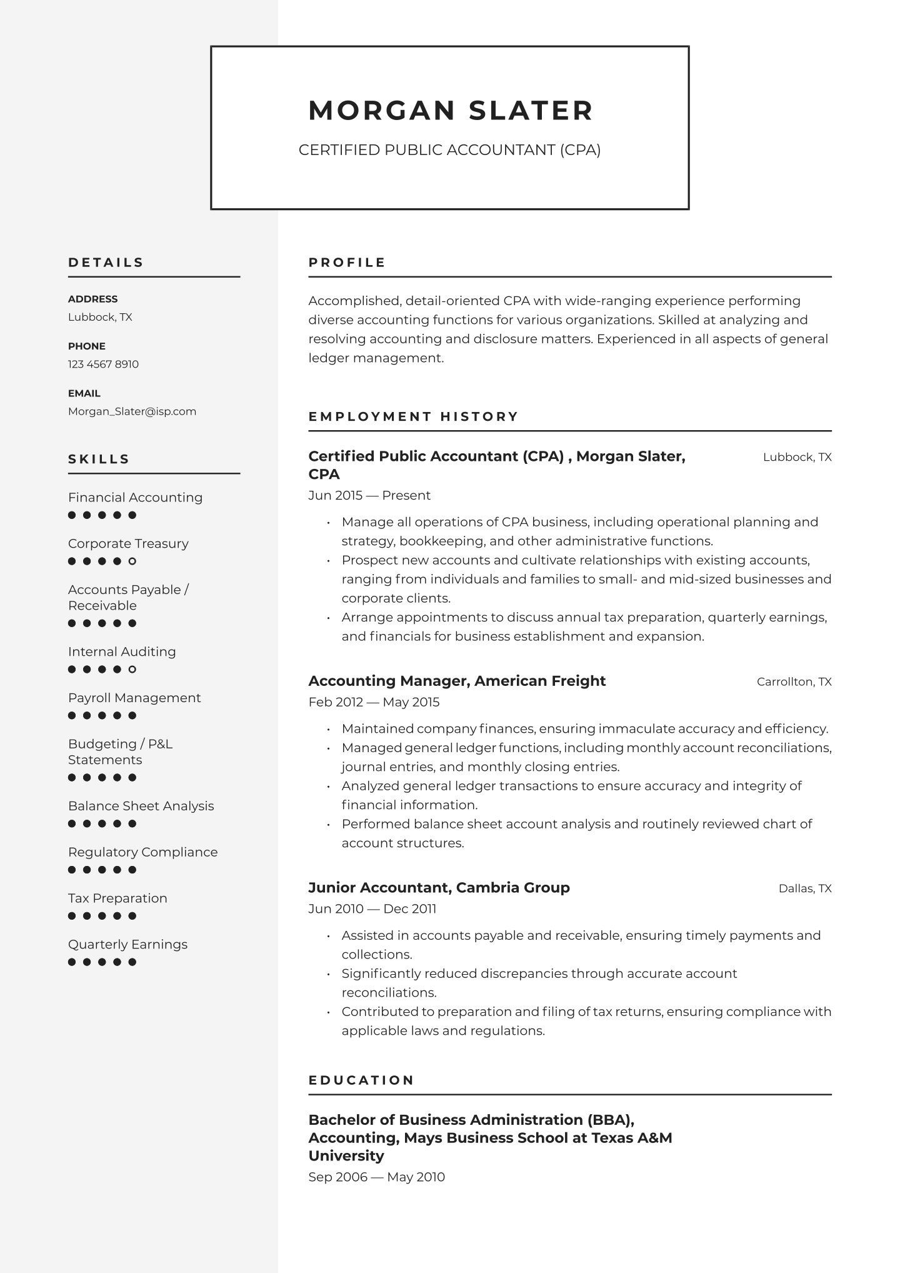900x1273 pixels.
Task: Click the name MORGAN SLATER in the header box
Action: click(x=450, y=111)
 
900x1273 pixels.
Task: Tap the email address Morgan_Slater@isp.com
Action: click(x=132, y=411)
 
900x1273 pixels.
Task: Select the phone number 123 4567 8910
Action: click(x=103, y=364)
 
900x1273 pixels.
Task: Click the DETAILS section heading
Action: click(x=106, y=263)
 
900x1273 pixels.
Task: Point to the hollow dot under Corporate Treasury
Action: click(x=132, y=561)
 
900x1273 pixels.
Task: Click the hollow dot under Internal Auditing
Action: click(x=132, y=670)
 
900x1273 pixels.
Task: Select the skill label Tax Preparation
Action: click(x=117, y=898)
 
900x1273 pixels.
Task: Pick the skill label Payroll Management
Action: click(x=134, y=698)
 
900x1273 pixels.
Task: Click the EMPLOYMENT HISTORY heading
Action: click(x=413, y=416)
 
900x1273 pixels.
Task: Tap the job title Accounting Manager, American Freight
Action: click(x=457, y=681)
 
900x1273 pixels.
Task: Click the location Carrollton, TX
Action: click(x=794, y=682)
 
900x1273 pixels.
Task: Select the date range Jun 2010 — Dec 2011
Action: click(x=372, y=908)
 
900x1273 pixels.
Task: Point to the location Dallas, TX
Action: click(x=804, y=888)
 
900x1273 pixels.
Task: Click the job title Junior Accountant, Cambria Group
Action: click(x=439, y=888)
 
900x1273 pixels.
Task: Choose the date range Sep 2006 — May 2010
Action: click(x=376, y=1177)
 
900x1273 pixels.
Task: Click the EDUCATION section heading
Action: click(x=361, y=1080)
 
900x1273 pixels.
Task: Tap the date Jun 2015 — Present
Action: click(x=369, y=495)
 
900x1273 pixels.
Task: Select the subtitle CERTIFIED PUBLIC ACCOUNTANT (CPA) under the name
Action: click(x=449, y=150)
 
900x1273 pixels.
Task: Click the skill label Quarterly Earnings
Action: click(x=127, y=945)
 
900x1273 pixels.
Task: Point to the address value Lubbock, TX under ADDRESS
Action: click(x=100, y=317)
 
